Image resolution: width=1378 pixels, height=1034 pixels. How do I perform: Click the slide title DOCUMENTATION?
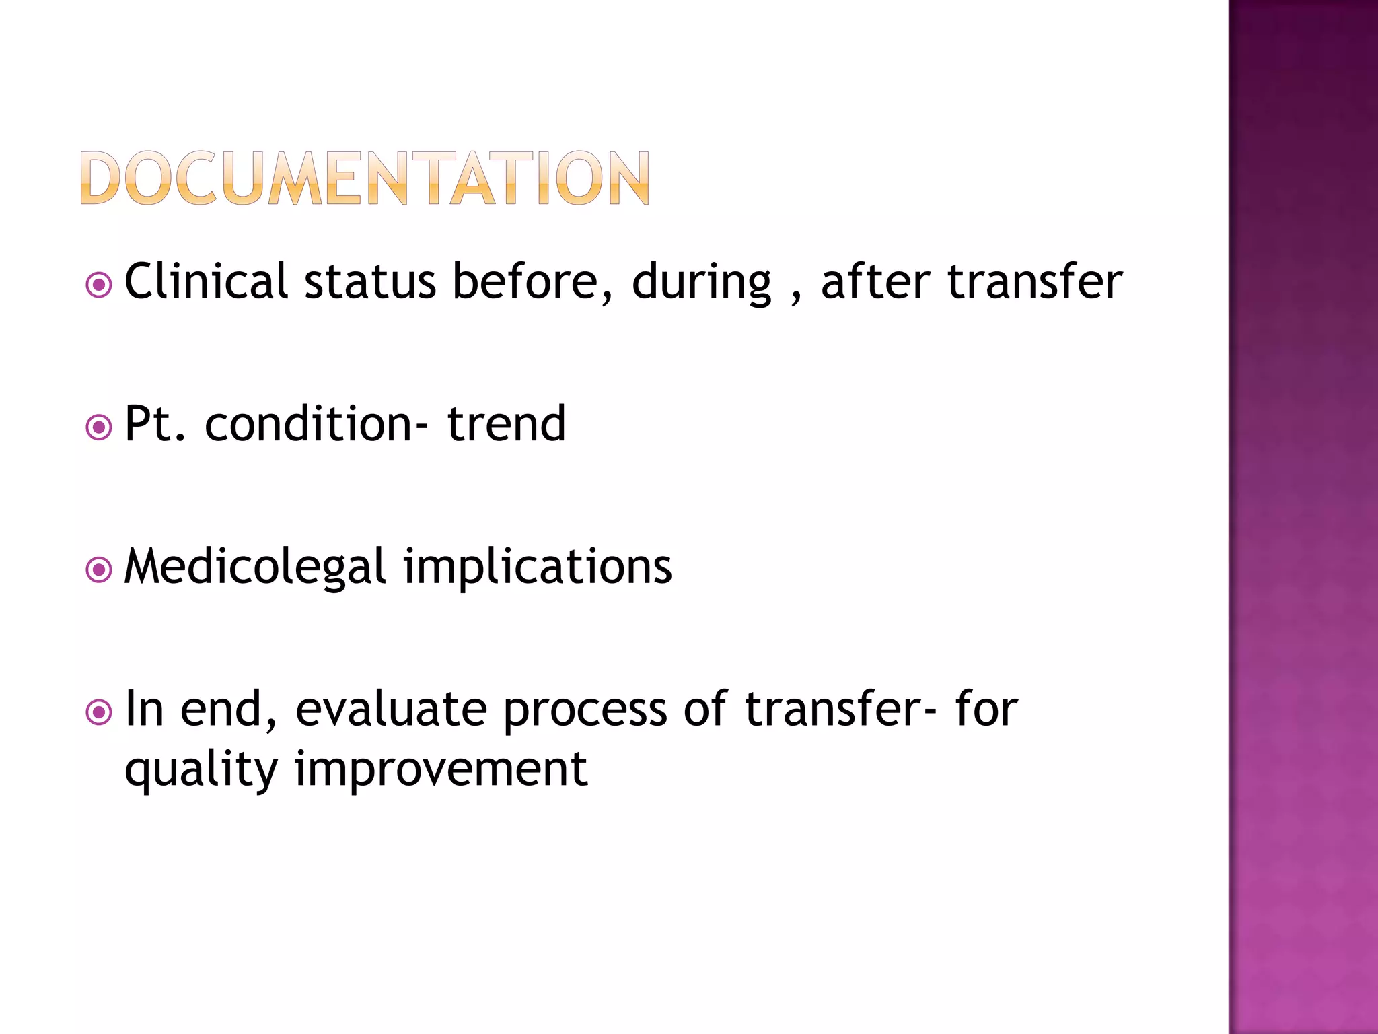click(x=365, y=178)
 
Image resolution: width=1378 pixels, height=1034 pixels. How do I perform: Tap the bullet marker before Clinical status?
click(x=99, y=285)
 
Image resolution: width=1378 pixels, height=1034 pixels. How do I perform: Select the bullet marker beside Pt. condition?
click(x=99, y=427)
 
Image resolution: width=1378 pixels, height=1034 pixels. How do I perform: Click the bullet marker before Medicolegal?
click(x=99, y=570)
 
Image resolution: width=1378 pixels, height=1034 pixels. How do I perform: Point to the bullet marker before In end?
click(x=99, y=712)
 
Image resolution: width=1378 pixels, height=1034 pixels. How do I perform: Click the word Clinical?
click(x=207, y=281)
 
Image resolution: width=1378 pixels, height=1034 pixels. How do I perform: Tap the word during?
click(x=701, y=282)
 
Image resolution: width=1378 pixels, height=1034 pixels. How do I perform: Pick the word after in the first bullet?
click(x=875, y=281)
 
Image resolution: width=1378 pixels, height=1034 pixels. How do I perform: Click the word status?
click(x=370, y=281)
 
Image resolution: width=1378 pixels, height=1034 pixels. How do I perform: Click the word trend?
click(x=507, y=423)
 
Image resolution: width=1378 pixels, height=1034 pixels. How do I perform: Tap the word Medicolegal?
click(x=255, y=567)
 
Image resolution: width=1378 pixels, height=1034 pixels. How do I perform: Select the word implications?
click(x=538, y=567)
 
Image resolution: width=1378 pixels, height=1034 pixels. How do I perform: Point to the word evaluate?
click(x=391, y=710)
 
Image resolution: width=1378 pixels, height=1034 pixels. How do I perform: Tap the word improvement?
click(x=441, y=769)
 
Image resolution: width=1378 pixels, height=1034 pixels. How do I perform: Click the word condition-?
click(x=316, y=423)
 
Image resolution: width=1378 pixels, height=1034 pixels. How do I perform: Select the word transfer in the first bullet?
click(x=1035, y=281)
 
